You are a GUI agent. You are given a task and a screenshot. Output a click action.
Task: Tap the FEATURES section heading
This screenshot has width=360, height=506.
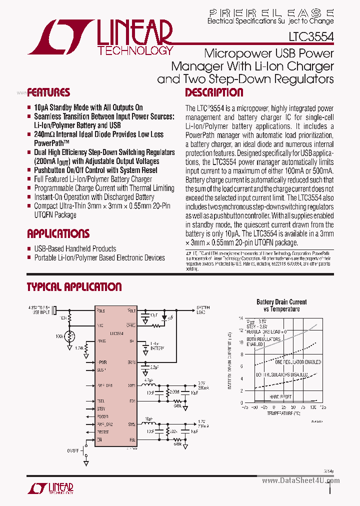click(x=48, y=92)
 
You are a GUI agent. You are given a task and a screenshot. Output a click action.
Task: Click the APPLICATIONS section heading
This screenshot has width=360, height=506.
click(x=58, y=234)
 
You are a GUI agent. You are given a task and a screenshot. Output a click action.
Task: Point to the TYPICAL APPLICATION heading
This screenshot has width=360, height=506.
click(x=74, y=287)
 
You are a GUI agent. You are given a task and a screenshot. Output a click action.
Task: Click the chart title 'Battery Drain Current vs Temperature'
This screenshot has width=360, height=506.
click(x=281, y=305)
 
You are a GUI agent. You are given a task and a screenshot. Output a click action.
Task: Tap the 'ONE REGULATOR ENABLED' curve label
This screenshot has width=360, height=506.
click(x=298, y=362)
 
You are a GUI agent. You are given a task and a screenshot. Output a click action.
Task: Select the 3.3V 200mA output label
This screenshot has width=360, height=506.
click(x=202, y=385)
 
